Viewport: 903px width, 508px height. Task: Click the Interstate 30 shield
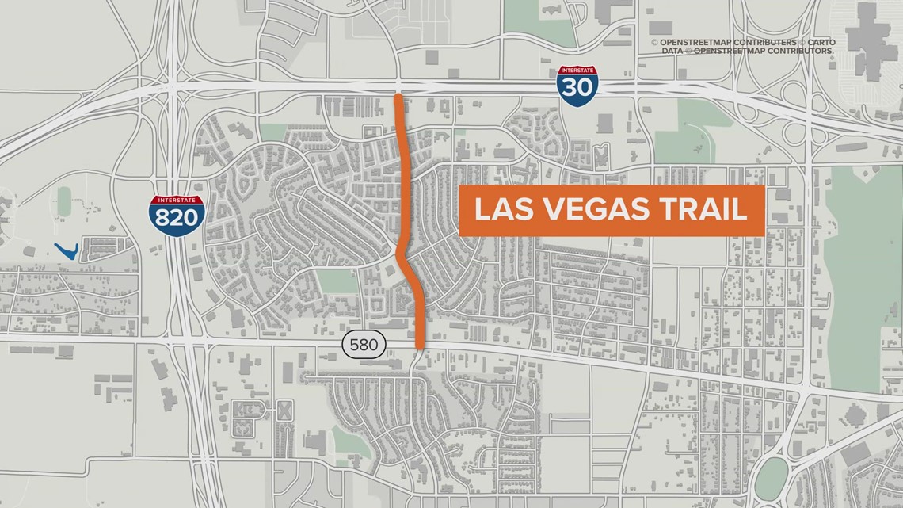click(x=577, y=82)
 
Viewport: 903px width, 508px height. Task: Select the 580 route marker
click(x=364, y=345)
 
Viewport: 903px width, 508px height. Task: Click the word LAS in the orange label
click(x=499, y=210)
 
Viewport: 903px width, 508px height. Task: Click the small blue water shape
click(x=68, y=250)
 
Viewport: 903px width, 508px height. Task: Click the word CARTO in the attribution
click(x=820, y=42)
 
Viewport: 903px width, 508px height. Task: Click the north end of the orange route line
click(x=398, y=97)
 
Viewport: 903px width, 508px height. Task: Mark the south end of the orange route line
click(x=419, y=345)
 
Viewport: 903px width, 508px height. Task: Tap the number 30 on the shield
click(x=577, y=86)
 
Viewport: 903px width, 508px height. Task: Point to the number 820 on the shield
click(x=176, y=217)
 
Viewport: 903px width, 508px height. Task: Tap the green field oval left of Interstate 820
click(x=64, y=201)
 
